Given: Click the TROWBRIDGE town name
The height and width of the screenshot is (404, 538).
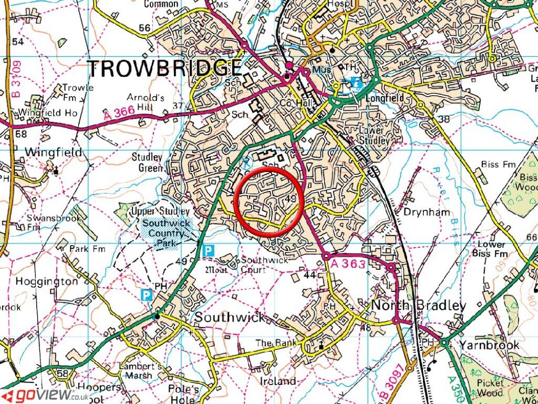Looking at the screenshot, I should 164,69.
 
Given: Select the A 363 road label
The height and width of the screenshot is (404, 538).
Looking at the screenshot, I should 348,264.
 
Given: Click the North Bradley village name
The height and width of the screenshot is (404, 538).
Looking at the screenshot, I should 419,306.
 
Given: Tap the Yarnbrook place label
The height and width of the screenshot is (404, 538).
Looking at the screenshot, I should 489,345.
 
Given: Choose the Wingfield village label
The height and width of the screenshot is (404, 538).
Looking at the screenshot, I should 54,153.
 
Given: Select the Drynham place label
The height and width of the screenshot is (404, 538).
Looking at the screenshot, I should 427,212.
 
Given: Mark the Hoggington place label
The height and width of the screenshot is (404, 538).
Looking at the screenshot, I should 46,281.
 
